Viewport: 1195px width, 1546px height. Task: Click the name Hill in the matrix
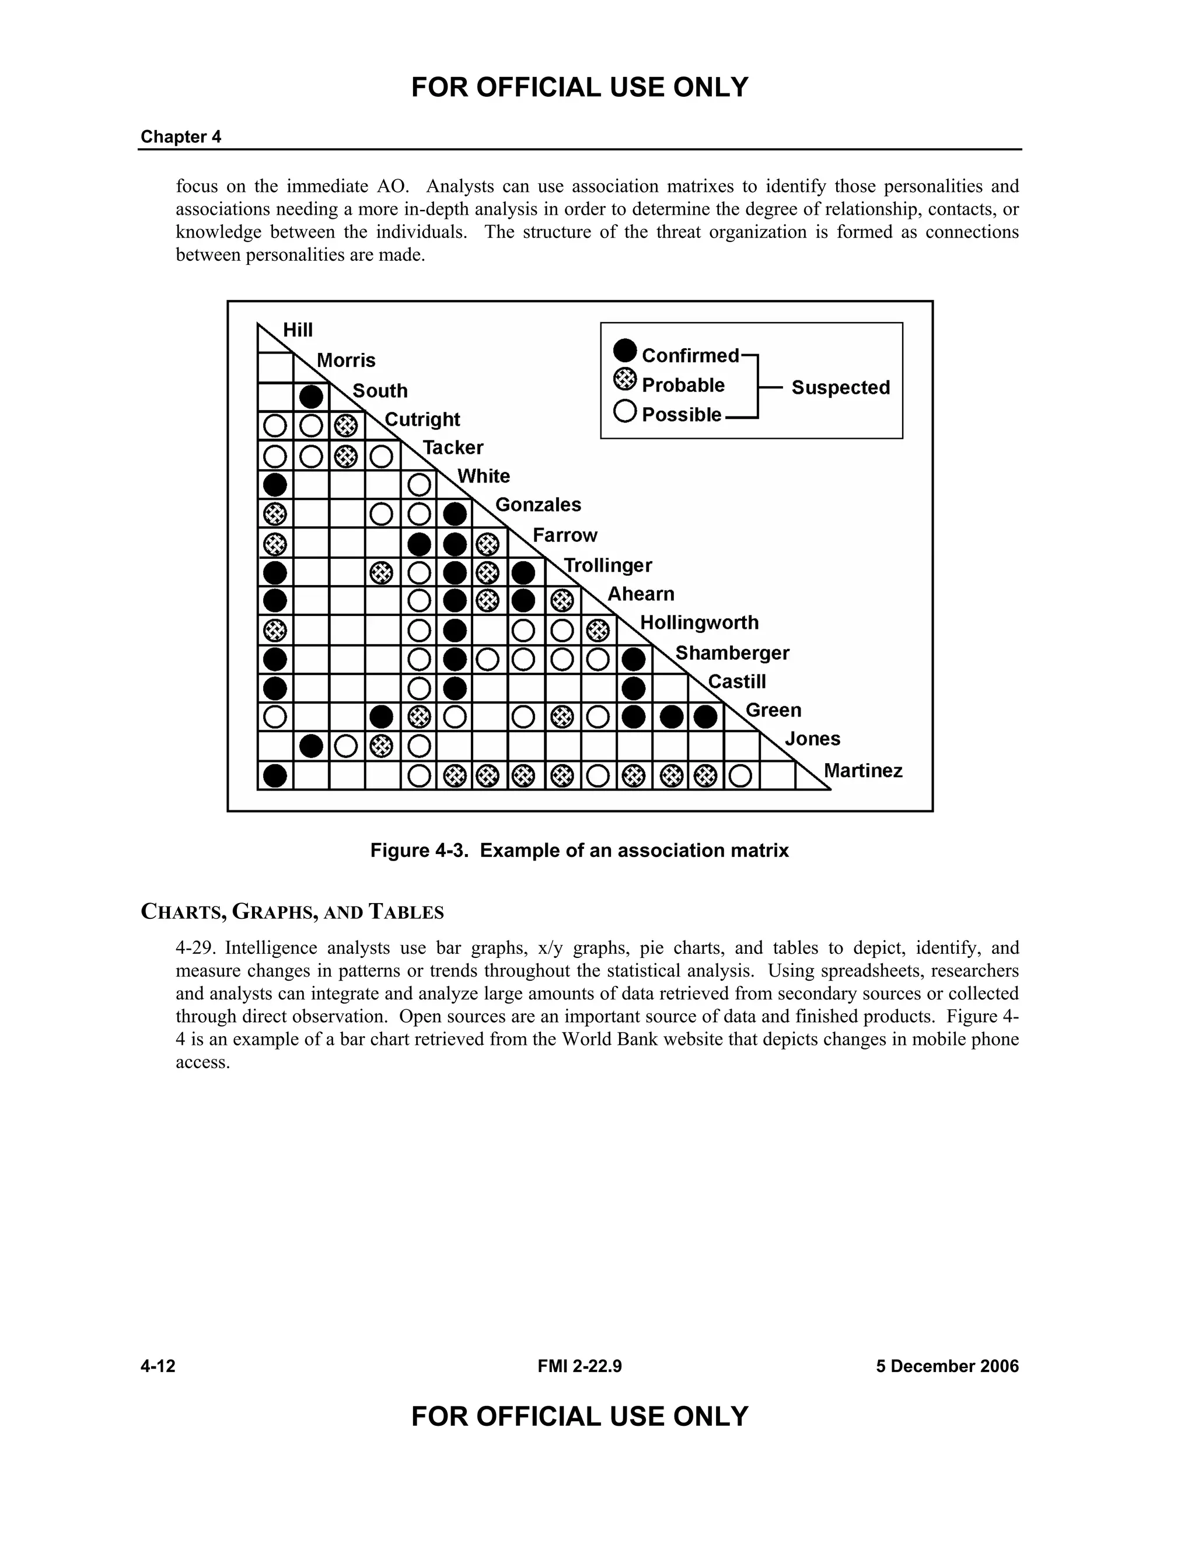click(298, 330)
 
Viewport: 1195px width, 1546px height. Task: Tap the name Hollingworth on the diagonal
click(698, 623)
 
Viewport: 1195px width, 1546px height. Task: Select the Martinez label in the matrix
click(862, 771)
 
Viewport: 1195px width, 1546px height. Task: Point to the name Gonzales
click(537, 505)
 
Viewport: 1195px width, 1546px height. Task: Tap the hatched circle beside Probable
click(625, 380)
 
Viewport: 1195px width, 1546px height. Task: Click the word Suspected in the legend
click(840, 387)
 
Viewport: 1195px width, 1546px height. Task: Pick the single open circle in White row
click(419, 485)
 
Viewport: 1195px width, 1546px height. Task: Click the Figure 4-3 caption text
click(579, 850)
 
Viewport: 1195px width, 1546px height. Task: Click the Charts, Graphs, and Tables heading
click(292, 912)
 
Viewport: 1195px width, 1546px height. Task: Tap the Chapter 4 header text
click(181, 137)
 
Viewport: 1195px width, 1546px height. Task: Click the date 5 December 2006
click(946, 1366)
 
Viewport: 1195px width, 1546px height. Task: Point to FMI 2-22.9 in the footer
click(579, 1366)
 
